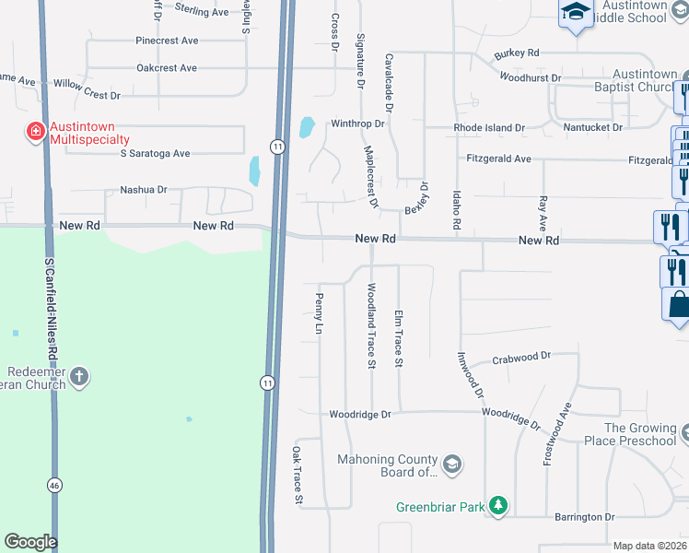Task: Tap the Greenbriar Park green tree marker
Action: pos(498,505)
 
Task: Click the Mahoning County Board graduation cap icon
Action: pos(451,464)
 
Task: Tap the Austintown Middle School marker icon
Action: pos(576,12)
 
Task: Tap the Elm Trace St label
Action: pos(399,338)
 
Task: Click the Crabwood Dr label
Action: pos(520,357)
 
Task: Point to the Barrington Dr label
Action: pos(584,517)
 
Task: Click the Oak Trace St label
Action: pos(298,476)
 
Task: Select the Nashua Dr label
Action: pos(144,190)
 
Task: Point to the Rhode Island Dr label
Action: pos(488,127)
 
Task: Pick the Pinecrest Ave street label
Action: pos(167,41)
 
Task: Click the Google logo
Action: pos(30,542)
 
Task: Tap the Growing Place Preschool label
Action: pos(639,434)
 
